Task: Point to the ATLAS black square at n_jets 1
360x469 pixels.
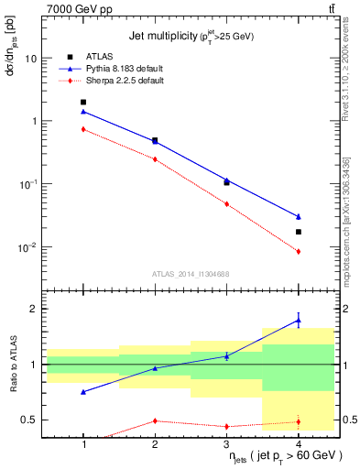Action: [x=83, y=103]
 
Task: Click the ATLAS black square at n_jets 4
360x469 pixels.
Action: [x=299, y=232]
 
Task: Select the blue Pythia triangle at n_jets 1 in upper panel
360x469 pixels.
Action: [x=83, y=112]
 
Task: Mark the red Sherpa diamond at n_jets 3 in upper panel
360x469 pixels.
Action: [x=226, y=204]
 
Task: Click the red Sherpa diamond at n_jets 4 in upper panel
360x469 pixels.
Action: [x=299, y=251]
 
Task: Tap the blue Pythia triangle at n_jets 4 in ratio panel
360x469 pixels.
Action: [x=299, y=320]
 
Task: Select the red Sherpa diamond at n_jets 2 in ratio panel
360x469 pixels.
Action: [x=155, y=420]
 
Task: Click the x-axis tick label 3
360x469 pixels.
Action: [x=226, y=444]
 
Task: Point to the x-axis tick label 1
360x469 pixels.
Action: [x=83, y=444]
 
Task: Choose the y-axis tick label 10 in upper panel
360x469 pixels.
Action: [x=29, y=58]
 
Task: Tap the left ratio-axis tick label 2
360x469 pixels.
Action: [x=34, y=310]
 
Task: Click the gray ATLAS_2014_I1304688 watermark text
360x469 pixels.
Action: [x=191, y=274]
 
